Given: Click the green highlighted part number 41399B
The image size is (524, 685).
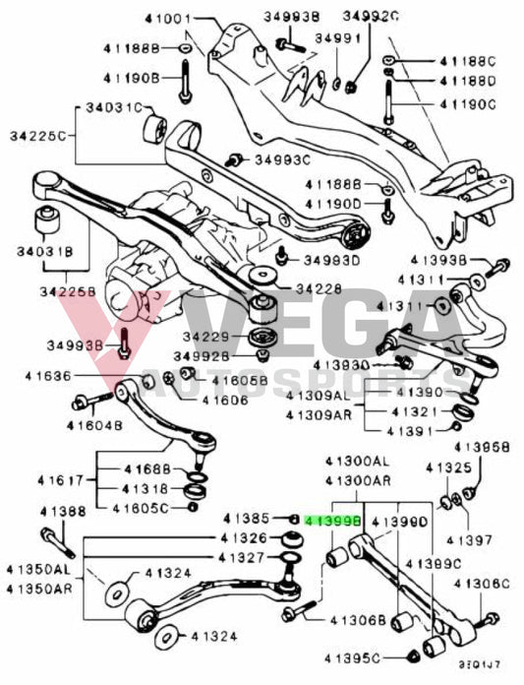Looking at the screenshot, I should pos(333,518).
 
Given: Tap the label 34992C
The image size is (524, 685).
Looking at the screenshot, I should pos(372,17).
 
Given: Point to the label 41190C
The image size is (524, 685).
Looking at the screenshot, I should pos(468,103).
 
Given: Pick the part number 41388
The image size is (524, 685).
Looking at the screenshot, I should pos(63,512).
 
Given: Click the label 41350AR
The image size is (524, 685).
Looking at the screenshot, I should pos(39,588).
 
